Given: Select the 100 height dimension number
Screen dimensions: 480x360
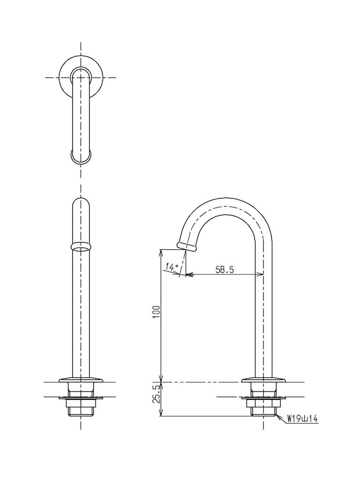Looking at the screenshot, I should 156,312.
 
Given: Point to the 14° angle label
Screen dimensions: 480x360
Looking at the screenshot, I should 172,267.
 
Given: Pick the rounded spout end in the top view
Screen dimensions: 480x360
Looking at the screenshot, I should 81,157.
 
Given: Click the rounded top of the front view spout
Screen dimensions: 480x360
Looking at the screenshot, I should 81,202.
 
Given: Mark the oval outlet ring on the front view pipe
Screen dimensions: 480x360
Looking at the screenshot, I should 81,246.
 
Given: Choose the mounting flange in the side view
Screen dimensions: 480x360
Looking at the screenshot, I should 262,379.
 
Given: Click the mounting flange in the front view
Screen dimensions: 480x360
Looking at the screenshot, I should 81,379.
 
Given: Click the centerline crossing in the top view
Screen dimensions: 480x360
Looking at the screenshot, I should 81,77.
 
